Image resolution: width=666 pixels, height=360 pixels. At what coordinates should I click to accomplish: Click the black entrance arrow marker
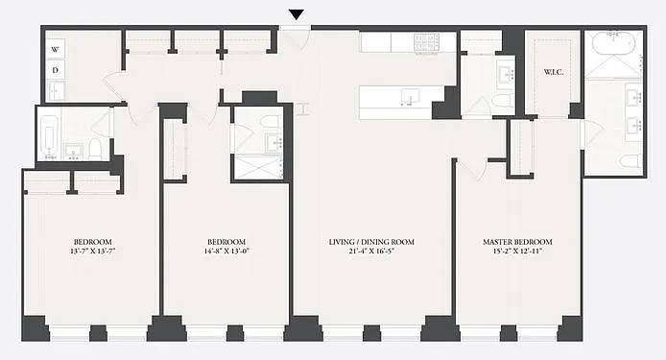click(297, 14)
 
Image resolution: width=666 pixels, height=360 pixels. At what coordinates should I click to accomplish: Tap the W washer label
click(56, 50)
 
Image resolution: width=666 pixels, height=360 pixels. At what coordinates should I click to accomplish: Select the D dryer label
click(56, 70)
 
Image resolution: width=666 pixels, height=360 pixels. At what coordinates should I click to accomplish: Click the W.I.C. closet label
click(554, 72)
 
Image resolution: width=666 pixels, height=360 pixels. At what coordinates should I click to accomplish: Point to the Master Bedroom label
click(517, 242)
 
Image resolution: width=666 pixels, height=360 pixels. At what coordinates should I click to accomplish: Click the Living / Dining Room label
click(371, 242)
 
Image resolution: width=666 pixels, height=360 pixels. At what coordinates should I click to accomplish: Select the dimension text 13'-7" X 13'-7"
click(92, 251)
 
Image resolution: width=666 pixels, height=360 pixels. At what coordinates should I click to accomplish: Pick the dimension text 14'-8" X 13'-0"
click(226, 251)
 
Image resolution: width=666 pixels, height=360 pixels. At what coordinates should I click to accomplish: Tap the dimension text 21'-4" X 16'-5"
click(371, 251)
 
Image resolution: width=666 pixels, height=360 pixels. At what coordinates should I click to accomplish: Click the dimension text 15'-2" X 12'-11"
click(517, 251)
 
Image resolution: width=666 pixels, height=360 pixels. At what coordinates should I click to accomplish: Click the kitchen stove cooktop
click(426, 43)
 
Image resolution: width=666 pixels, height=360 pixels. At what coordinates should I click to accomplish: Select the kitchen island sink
click(410, 97)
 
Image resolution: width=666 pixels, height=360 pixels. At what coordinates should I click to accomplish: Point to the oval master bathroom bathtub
click(614, 42)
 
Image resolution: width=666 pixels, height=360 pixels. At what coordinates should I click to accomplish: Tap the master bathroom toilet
click(630, 161)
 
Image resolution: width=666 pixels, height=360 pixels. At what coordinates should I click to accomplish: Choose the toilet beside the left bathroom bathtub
click(95, 149)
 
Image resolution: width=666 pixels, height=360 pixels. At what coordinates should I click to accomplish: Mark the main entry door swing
click(296, 39)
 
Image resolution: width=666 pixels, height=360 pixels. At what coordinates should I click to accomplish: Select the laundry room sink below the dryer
click(57, 90)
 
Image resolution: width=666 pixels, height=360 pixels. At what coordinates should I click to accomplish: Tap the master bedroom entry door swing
click(473, 169)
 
